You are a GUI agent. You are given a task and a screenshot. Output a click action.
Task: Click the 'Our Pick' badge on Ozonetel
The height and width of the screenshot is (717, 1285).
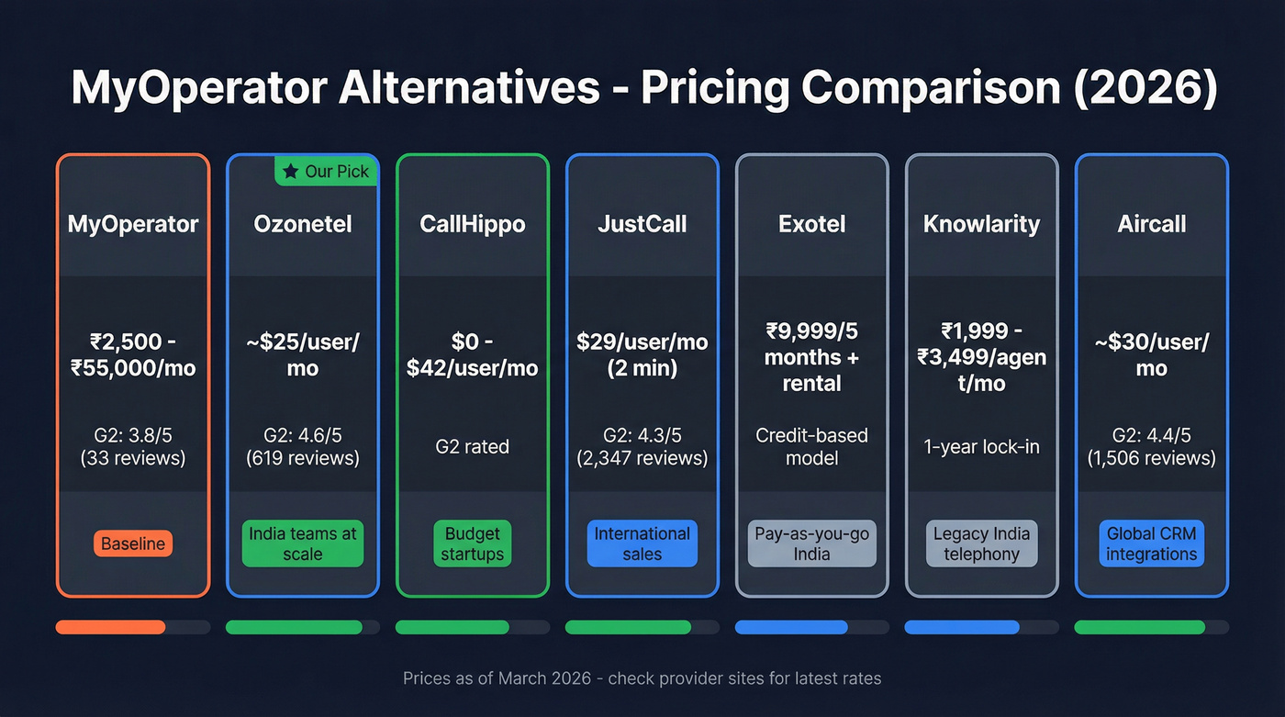[x=326, y=171]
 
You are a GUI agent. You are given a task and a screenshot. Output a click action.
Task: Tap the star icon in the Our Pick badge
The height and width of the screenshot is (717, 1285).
[x=291, y=171]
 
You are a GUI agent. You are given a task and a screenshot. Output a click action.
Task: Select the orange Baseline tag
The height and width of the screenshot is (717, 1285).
[x=133, y=543]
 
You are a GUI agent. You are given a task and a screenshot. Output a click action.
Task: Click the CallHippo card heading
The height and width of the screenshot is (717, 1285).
[x=473, y=224]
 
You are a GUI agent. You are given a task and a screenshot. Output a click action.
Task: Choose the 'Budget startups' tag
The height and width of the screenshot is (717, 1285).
[x=473, y=543]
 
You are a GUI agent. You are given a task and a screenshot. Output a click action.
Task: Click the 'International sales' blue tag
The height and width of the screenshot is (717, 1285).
[x=642, y=543]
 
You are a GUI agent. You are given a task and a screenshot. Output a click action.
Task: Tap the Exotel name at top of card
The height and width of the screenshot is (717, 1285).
[x=812, y=224]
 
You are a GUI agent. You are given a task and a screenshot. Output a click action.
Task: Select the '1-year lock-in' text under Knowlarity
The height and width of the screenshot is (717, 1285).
[x=982, y=446]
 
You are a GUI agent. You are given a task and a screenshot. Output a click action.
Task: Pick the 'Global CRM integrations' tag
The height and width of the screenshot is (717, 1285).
[x=1152, y=543]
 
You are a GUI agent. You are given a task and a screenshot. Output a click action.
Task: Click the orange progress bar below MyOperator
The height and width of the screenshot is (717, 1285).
[x=111, y=627]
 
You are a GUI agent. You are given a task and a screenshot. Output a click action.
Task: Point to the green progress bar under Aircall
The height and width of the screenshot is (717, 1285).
[x=1139, y=627]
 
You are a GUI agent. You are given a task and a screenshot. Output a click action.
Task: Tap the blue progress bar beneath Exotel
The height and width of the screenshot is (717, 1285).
[x=791, y=627]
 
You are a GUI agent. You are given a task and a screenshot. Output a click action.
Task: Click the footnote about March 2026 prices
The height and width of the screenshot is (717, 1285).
[x=642, y=678]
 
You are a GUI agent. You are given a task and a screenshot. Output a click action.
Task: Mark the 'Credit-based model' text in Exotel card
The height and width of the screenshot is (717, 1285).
[x=812, y=446]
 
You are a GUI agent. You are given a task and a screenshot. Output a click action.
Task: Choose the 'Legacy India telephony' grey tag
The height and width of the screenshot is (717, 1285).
[x=982, y=543]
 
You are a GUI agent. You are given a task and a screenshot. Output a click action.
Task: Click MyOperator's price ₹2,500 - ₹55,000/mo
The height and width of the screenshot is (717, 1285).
[x=133, y=354]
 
